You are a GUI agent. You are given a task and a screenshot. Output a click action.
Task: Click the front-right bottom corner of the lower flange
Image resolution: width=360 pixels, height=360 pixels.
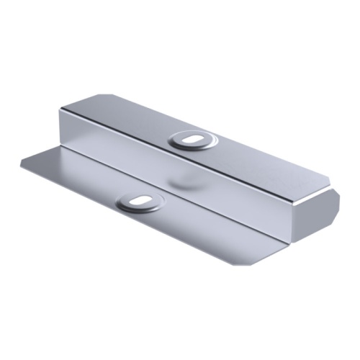click(248, 264)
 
